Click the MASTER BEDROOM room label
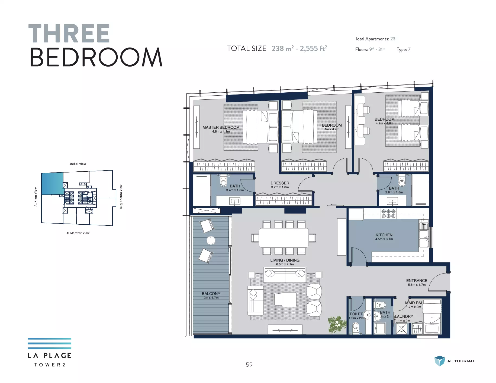click(221, 127)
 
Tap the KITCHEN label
click(384, 235)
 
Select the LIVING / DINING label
click(285, 260)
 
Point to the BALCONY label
click(211, 294)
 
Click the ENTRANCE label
click(417, 281)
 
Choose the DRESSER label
click(280, 183)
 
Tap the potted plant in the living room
click(337, 324)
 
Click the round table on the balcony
click(211, 240)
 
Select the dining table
click(284, 238)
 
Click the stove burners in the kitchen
click(388, 214)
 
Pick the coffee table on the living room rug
click(285, 299)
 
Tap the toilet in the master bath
click(223, 181)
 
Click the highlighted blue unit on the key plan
click(52, 183)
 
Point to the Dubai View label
click(78, 164)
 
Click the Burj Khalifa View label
click(121, 197)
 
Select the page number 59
click(249, 365)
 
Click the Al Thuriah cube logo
click(440, 361)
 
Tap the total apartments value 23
click(393, 39)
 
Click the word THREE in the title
click(69, 33)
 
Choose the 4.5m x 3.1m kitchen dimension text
click(384, 239)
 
